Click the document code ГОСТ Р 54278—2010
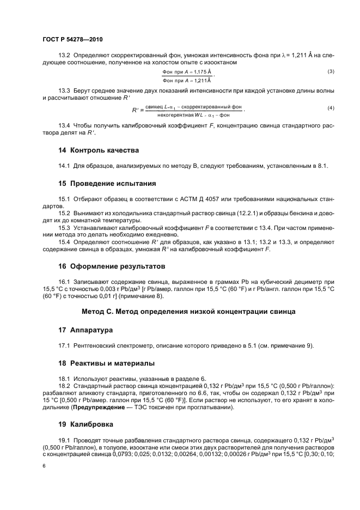coord(72,40)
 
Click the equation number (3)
coord(331,72)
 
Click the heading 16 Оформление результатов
coord(112,266)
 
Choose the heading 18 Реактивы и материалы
coord(107,363)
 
